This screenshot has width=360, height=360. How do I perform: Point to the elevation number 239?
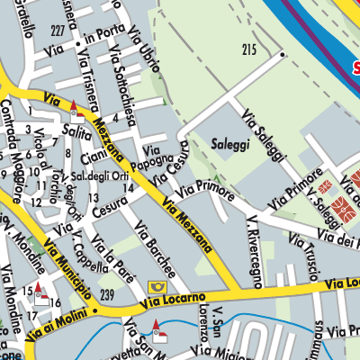pyautogui.click(x=108, y=295)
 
